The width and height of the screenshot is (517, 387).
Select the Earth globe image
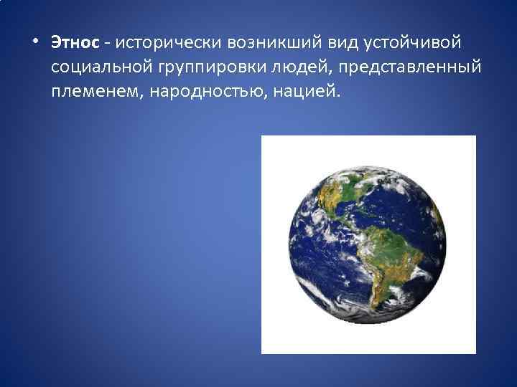[x=368, y=244]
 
